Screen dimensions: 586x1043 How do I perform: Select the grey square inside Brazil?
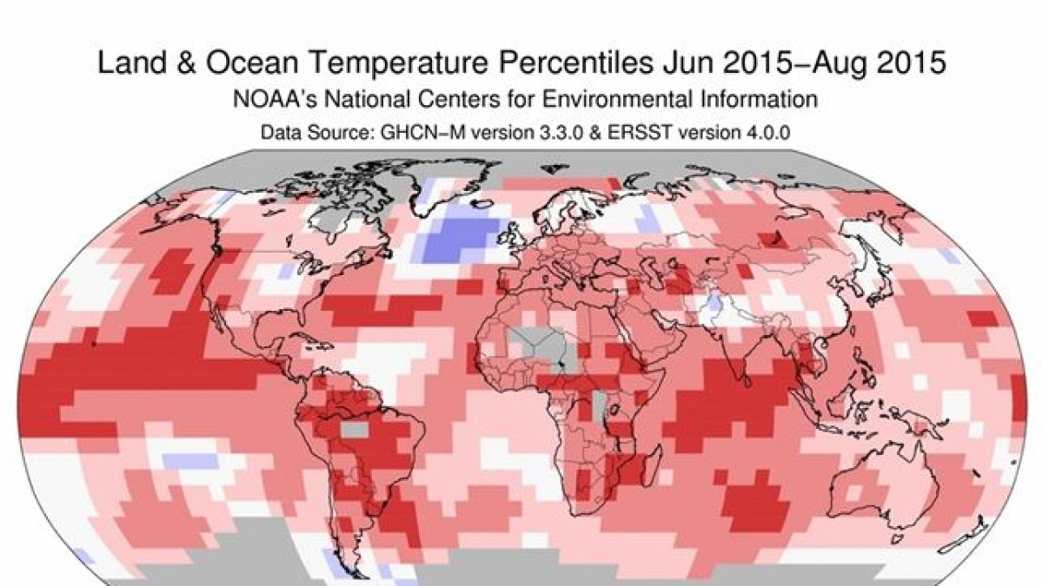pyautogui.click(x=353, y=429)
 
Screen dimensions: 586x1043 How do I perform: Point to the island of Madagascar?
pyautogui.click(x=645, y=470)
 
